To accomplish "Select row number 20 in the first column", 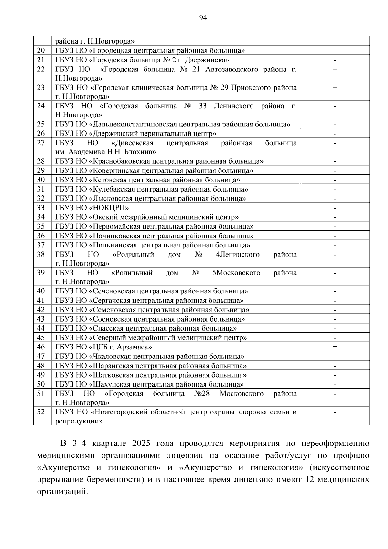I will tap(41, 50).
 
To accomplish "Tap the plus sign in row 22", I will tap(335, 69).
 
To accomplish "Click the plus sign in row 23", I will tap(335, 87).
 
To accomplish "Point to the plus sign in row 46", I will tap(335, 347).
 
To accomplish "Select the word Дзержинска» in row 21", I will tap(209, 60).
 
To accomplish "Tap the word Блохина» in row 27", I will tap(140, 152).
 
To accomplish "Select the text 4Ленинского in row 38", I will tap(238, 255).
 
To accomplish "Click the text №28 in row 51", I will tap(202, 394).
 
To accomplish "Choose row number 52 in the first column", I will tap(41, 412).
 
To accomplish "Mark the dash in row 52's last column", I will tap(335, 412).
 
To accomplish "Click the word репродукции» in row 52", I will tap(79, 421).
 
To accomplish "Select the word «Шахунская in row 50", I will tap(109, 384).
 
